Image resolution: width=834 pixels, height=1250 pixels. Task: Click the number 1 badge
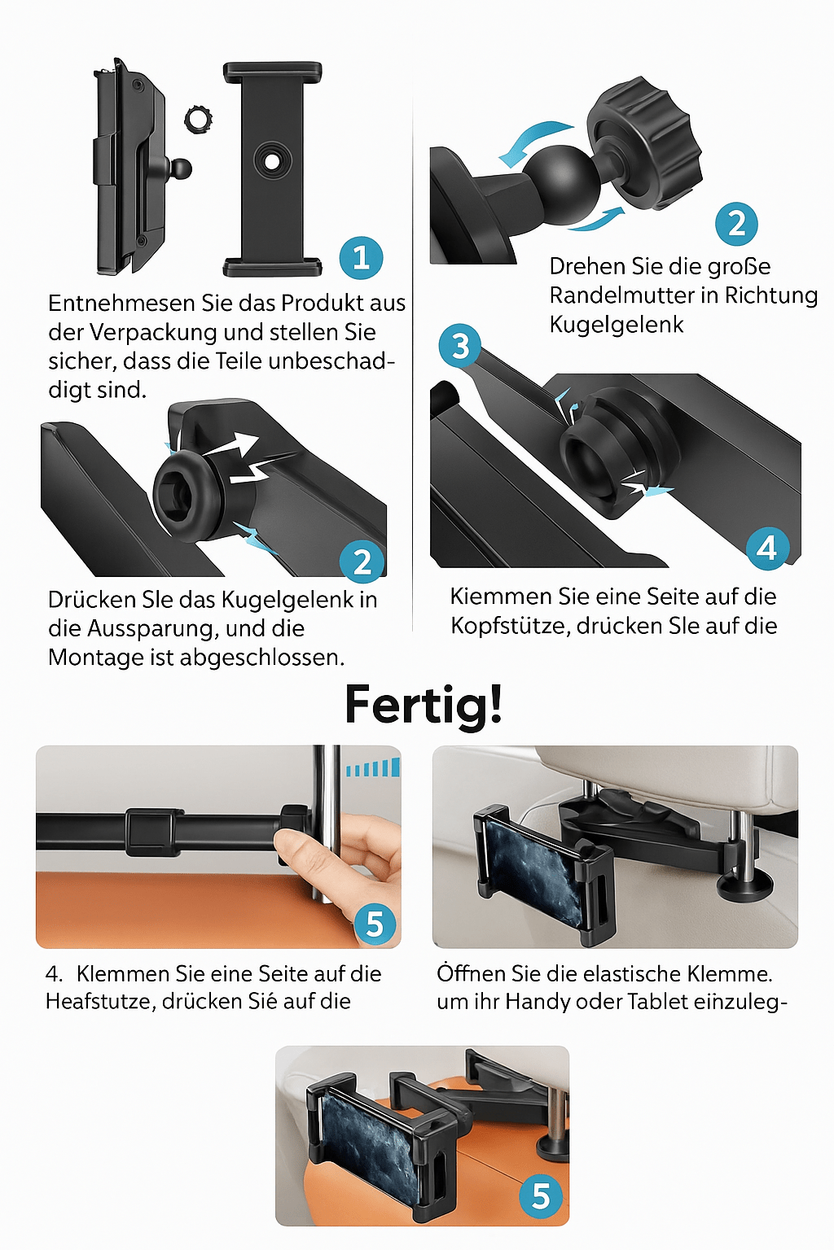tap(361, 258)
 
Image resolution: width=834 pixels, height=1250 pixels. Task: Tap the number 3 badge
tap(460, 345)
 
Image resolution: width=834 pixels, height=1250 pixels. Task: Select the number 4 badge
tap(767, 548)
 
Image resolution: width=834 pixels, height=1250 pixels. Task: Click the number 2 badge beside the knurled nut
tap(736, 224)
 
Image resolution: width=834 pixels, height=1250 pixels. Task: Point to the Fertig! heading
tap(424, 704)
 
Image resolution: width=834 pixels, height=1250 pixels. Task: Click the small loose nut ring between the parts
tap(198, 119)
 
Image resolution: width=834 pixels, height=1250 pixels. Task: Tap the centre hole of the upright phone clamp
tap(272, 160)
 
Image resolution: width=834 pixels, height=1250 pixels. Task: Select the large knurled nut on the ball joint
tap(646, 141)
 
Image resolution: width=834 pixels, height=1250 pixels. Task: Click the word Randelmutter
tap(621, 295)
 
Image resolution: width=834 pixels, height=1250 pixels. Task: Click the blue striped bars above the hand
tap(373, 767)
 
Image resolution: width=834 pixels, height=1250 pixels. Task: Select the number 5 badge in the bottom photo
tap(541, 1196)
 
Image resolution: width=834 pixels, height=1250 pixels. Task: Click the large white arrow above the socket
tap(232, 447)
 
